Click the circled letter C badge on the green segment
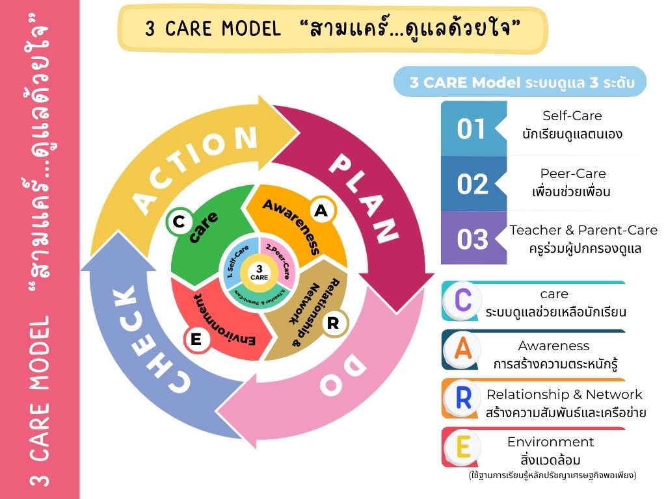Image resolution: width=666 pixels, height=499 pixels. [x=178, y=223]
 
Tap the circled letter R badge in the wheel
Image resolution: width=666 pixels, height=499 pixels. [x=333, y=323]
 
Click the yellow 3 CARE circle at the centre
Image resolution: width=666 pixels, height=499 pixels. [x=260, y=272]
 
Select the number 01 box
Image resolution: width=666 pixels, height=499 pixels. [x=472, y=129]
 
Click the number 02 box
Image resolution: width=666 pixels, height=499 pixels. [x=472, y=184]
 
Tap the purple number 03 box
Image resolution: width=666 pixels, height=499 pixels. [x=472, y=239]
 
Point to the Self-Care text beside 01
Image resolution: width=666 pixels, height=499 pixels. [x=572, y=116]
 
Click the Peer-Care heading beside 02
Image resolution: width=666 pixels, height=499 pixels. [x=572, y=173]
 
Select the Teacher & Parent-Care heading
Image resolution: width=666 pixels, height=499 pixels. [x=583, y=230]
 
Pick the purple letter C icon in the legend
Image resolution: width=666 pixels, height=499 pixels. [x=463, y=301]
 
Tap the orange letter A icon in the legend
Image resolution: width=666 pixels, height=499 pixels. [x=463, y=350]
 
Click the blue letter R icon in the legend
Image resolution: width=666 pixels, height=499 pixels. [x=463, y=398]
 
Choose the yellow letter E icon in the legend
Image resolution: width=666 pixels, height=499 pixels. [x=463, y=447]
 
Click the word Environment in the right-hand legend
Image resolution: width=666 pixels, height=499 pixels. [x=550, y=442]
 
